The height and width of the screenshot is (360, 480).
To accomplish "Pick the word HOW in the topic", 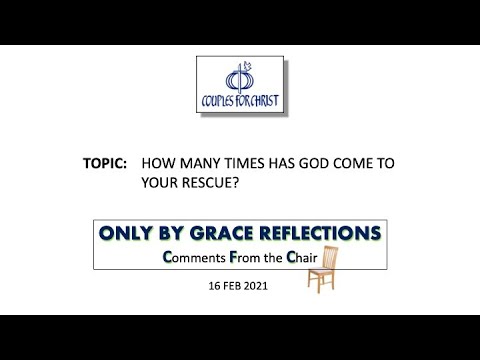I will (157, 160).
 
